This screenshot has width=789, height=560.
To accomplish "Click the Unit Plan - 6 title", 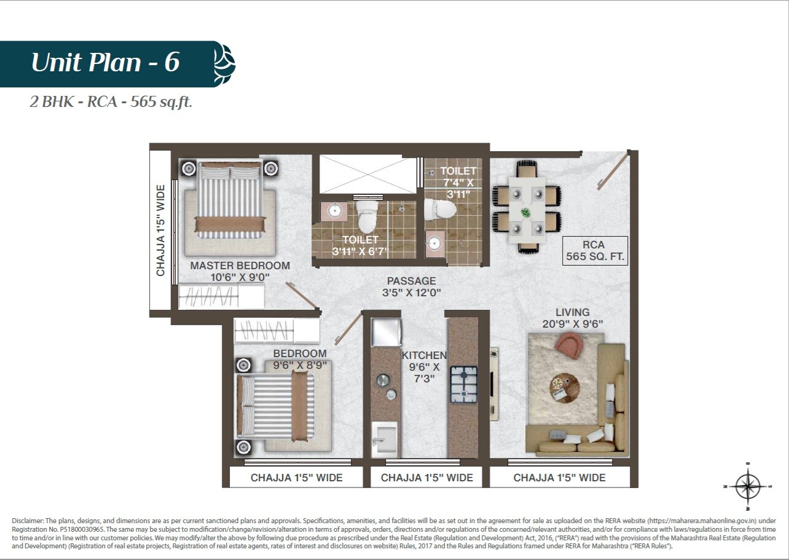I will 105,63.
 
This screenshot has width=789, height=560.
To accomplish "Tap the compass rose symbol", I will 747,486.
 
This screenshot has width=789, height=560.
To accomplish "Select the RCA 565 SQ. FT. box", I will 594,251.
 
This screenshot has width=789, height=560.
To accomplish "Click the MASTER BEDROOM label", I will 240,271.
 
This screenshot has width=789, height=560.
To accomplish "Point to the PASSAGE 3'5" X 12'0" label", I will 411,286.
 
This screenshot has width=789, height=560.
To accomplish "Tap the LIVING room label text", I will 572,318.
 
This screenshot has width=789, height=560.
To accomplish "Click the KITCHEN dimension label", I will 424,367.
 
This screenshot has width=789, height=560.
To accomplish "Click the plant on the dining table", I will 525,212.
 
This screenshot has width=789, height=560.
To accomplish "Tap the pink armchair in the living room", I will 568,345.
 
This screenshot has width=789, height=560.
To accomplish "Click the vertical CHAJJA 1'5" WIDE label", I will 161,231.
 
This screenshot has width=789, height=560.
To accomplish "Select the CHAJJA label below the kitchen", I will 426,478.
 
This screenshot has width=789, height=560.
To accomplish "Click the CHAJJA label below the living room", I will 559,478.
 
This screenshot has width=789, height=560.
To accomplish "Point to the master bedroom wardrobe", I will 221,296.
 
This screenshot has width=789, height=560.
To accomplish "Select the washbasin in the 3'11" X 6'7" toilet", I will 335,211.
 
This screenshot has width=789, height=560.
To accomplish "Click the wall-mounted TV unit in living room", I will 494,384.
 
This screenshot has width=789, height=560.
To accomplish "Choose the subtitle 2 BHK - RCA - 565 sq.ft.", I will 111,102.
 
